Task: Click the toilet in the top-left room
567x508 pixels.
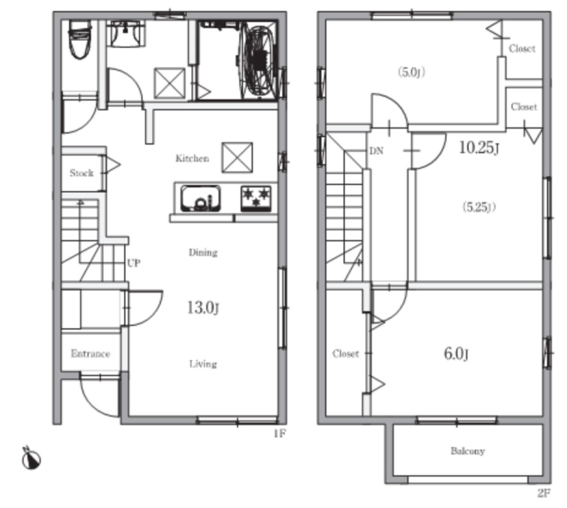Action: tap(80, 39)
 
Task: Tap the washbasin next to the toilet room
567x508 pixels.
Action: tap(126, 33)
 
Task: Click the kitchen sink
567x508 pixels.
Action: tap(201, 198)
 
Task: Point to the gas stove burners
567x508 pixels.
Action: tap(256, 198)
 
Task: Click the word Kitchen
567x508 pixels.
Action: tap(192, 158)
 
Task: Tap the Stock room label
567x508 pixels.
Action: tap(82, 173)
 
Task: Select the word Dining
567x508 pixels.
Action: tap(203, 252)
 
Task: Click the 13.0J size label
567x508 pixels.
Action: tap(203, 308)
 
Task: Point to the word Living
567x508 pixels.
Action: tap(203, 363)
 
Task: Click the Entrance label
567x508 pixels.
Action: tap(90, 353)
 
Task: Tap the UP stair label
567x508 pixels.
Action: tap(133, 263)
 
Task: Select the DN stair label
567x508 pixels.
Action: tap(376, 151)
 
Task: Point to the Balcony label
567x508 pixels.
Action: tap(467, 451)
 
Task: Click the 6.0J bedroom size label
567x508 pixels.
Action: tap(456, 354)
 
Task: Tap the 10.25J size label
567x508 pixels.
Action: tap(479, 147)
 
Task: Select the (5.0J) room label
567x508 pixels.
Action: tap(412, 73)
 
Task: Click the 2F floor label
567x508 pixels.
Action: tap(544, 493)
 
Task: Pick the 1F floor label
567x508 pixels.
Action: tap(280, 433)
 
